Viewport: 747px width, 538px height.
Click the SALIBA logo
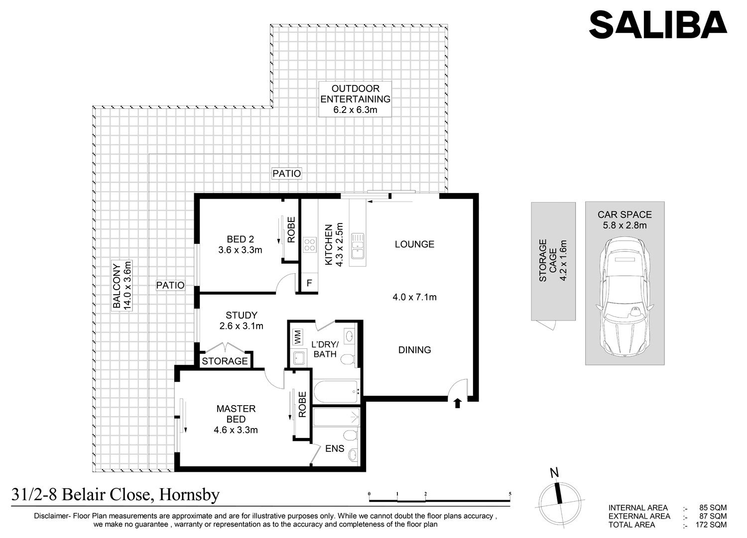pos(658,24)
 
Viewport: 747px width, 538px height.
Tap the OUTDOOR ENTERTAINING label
pos(355,94)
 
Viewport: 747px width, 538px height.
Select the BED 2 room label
pos(240,239)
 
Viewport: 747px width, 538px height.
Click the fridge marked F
pos(309,283)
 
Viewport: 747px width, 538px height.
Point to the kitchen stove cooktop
pos(309,245)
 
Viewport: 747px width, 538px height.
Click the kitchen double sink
pos(358,246)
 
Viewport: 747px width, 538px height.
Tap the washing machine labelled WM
pos(297,337)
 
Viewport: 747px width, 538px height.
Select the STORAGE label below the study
pos(225,361)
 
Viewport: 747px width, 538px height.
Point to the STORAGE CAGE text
pos(548,261)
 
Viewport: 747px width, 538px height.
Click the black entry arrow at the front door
pos(458,403)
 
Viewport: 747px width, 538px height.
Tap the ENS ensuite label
pos(335,449)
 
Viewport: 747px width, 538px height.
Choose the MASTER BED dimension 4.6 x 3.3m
pos(236,430)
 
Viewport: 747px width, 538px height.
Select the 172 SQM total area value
pos(711,525)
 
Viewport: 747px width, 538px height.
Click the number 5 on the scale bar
pos(510,494)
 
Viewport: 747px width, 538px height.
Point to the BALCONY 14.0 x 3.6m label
pos(122,286)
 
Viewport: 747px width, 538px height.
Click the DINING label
pos(414,350)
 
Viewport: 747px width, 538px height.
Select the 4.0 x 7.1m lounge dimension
pos(414,297)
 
